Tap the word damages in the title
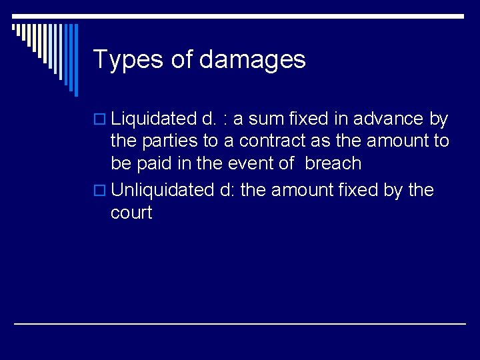(252, 60)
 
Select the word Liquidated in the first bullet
(153, 119)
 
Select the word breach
(333, 163)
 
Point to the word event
(250, 163)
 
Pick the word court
(131, 213)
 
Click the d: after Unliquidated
(226, 190)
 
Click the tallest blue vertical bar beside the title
(75, 60)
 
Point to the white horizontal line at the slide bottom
(240, 324)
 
